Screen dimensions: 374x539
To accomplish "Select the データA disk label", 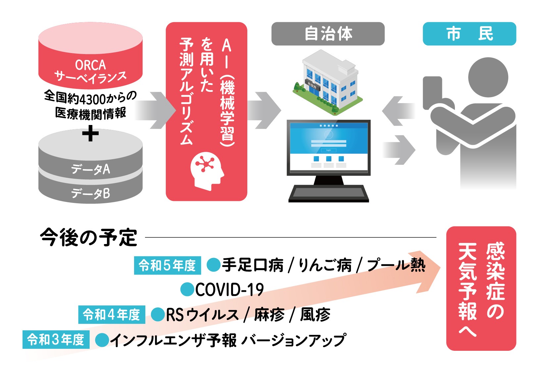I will point(90,169).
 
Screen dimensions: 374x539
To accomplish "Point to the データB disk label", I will point(90,193).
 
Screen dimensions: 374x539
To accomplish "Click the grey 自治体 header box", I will point(328,34).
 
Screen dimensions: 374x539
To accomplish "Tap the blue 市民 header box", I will point(469,34).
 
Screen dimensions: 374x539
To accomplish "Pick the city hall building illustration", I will point(328,83).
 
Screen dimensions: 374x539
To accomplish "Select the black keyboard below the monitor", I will point(328,194).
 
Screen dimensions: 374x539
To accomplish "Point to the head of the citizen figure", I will point(488,77).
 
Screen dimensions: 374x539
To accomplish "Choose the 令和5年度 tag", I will point(168,266).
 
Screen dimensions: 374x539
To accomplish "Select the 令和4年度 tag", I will point(112,315).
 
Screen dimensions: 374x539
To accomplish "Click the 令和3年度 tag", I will point(56,340).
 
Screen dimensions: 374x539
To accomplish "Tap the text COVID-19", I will point(229,290).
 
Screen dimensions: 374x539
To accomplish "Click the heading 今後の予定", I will point(88,237).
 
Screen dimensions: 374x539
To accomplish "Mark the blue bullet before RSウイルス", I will point(158,315).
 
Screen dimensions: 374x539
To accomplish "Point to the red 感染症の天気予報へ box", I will point(481,288).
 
